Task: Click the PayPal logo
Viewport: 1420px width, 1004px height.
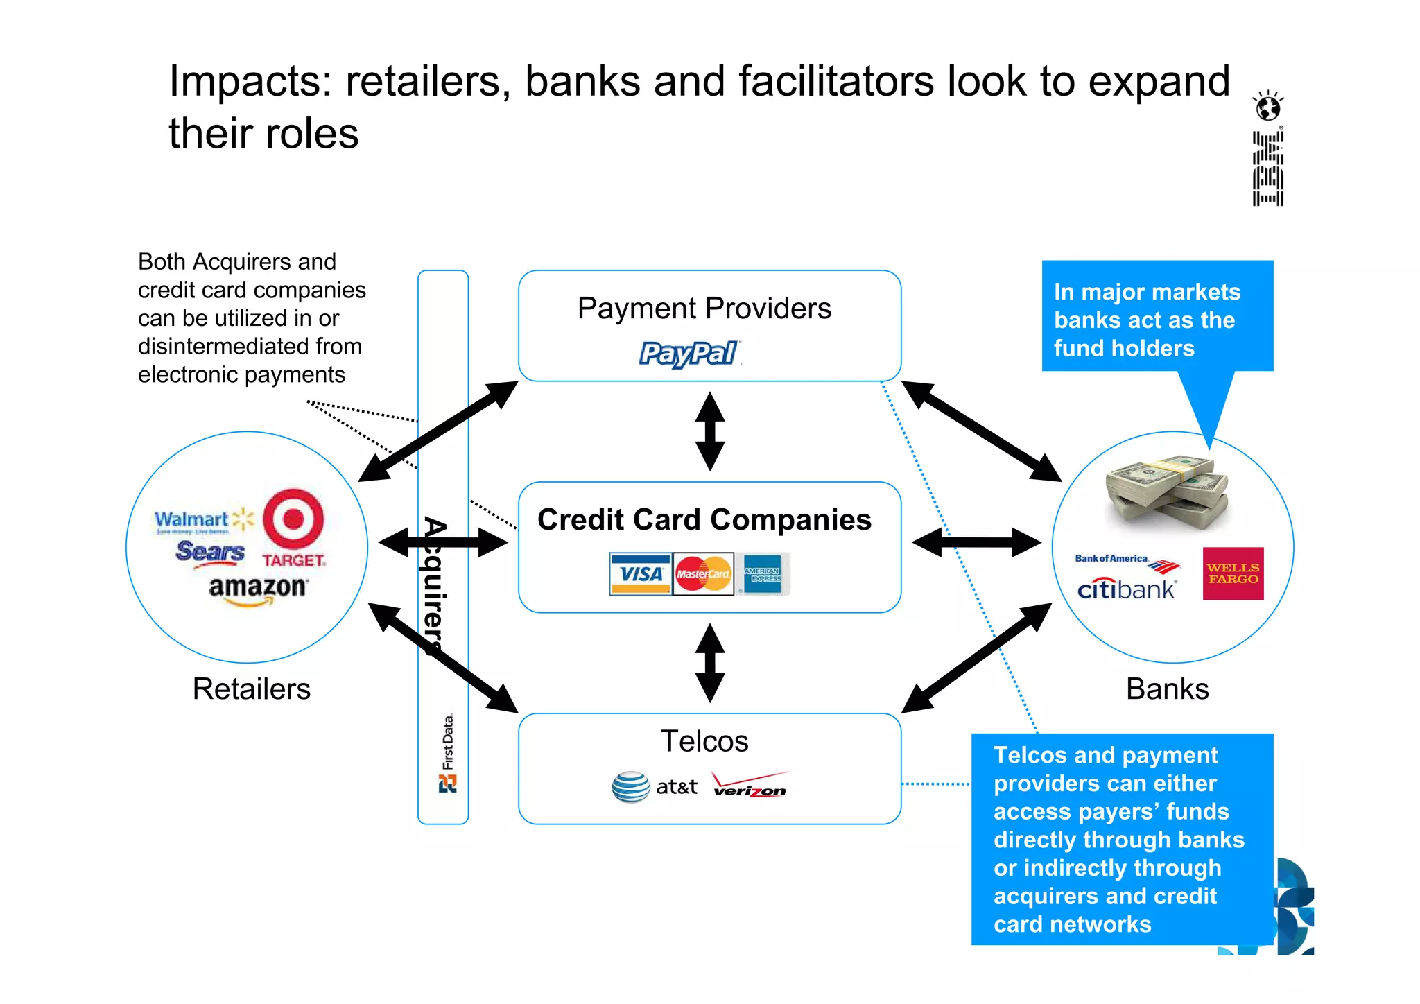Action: click(x=689, y=354)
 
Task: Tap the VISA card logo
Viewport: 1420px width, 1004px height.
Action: click(x=641, y=574)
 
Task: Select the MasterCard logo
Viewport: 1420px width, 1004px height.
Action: click(x=703, y=574)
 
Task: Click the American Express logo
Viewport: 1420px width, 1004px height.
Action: click(x=763, y=574)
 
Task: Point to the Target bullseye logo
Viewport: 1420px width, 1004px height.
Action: click(x=294, y=519)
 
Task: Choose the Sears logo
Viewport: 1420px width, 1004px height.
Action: click(x=210, y=553)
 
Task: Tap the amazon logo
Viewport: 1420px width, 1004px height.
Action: click(x=258, y=589)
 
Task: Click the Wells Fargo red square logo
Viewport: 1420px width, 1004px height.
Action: click(x=1233, y=573)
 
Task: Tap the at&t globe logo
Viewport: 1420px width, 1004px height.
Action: click(x=631, y=787)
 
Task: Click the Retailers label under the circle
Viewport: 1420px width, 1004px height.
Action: click(x=251, y=689)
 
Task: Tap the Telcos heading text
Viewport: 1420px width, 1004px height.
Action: click(x=704, y=741)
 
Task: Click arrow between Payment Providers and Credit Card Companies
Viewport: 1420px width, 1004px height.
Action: click(x=710, y=431)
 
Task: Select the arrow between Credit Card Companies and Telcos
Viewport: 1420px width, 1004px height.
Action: click(x=710, y=663)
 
